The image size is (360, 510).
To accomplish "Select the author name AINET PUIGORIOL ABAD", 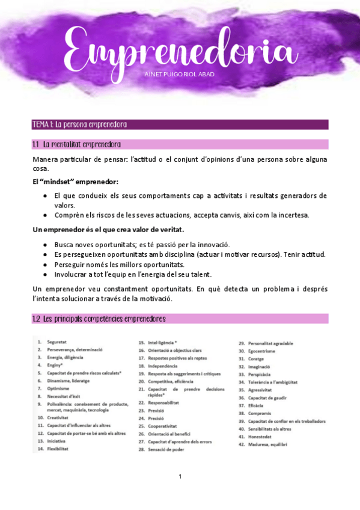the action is [180, 74].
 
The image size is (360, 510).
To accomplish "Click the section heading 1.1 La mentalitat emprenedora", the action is [77, 144].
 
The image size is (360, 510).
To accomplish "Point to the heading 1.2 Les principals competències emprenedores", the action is [99, 318].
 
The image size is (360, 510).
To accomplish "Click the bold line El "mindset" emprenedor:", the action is [76, 182].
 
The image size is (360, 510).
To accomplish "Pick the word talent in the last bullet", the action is [199, 274].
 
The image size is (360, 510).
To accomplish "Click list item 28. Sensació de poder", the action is [162, 449].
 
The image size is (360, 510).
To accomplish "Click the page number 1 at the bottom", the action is [180, 477].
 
